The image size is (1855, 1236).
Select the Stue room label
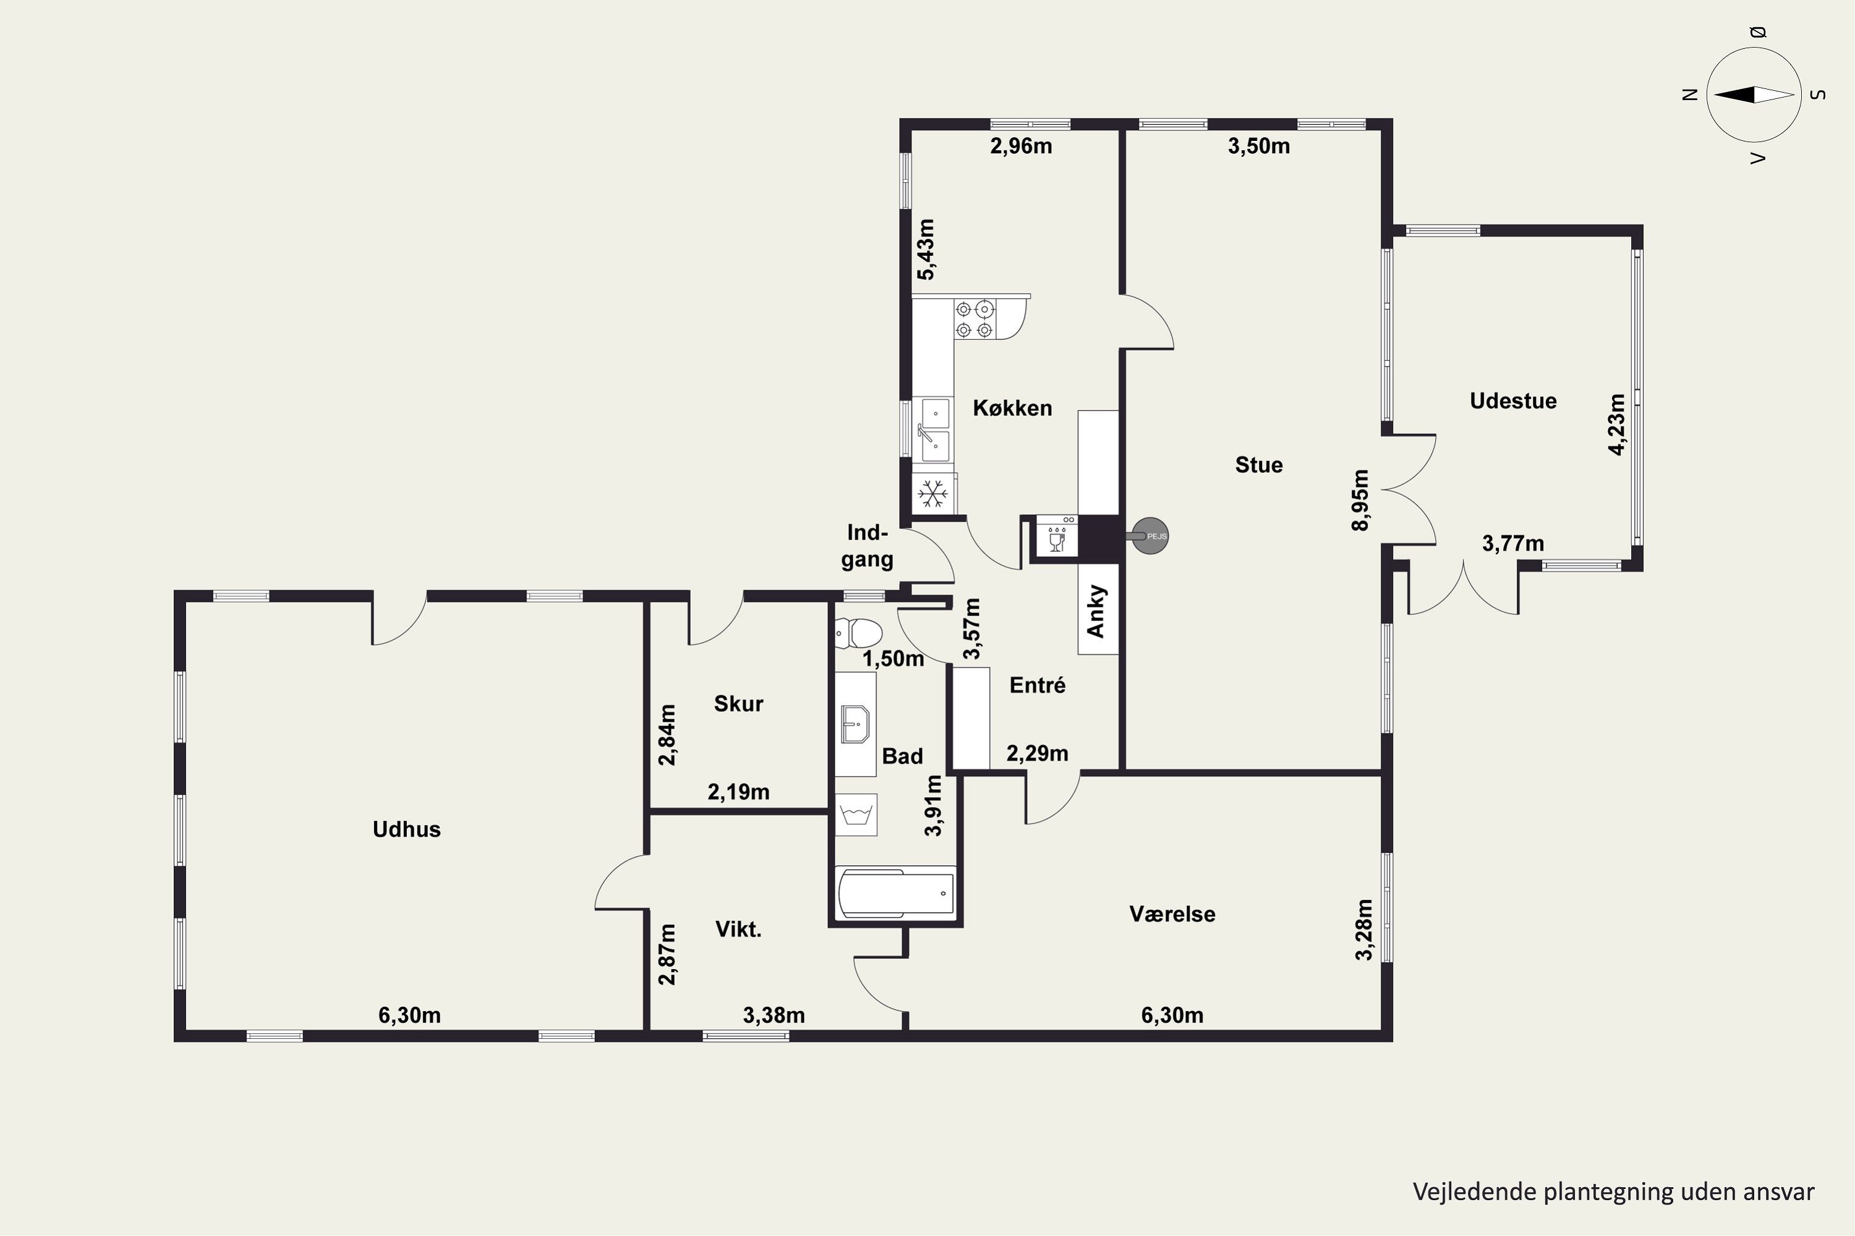point(1259,465)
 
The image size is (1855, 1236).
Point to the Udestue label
point(1512,400)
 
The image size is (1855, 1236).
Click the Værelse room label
point(1172,915)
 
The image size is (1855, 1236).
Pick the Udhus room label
point(406,829)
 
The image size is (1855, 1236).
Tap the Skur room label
point(738,704)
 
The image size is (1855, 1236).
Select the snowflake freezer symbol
point(933,494)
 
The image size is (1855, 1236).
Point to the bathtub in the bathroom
point(896,893)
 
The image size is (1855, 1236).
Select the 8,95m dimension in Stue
point(1360,501)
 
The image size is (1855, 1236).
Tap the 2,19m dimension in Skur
point(738,792)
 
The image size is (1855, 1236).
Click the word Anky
point(1096,611)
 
